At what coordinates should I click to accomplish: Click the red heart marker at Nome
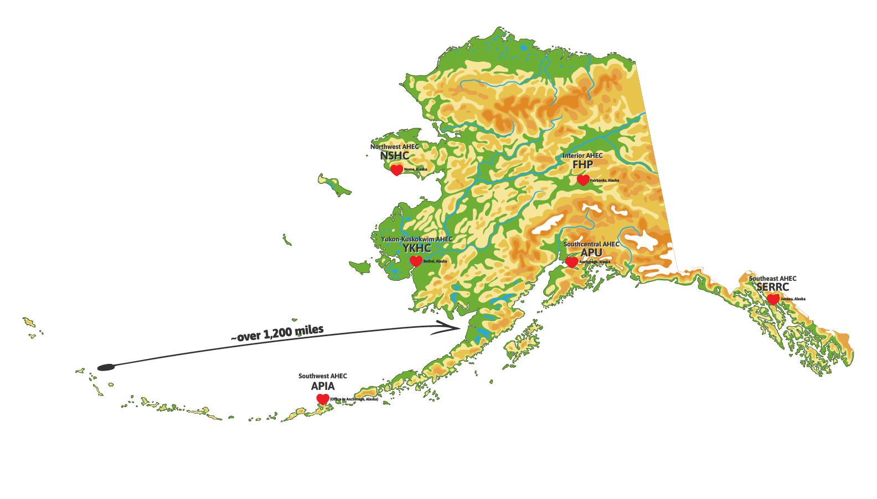(396, 170)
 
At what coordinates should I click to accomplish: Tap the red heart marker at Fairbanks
(582, 180)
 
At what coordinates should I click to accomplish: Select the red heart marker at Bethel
(416, 261)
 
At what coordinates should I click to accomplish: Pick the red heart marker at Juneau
(773, 300)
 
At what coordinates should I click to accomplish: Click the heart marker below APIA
(323, 399)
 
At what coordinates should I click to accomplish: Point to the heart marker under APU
(572, 262)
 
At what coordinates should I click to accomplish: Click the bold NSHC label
(394, 156)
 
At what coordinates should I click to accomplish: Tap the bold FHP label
(582, 165)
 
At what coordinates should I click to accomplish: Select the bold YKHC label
(416, 248)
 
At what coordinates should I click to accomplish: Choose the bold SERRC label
(772, 287)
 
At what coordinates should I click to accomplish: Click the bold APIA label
(323, 386)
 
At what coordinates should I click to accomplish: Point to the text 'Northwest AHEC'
(394, 147)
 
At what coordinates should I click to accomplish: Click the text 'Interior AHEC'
(582, 156)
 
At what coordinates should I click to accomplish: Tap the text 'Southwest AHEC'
(323, 376)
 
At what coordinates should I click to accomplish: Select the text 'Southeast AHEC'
(772, 279)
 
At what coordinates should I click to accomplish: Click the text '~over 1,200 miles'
(277, 333)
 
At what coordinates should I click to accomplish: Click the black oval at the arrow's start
(105, 367)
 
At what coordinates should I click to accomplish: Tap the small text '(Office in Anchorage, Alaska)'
(354, 399)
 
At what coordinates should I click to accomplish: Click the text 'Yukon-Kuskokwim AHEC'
(416, 239)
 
